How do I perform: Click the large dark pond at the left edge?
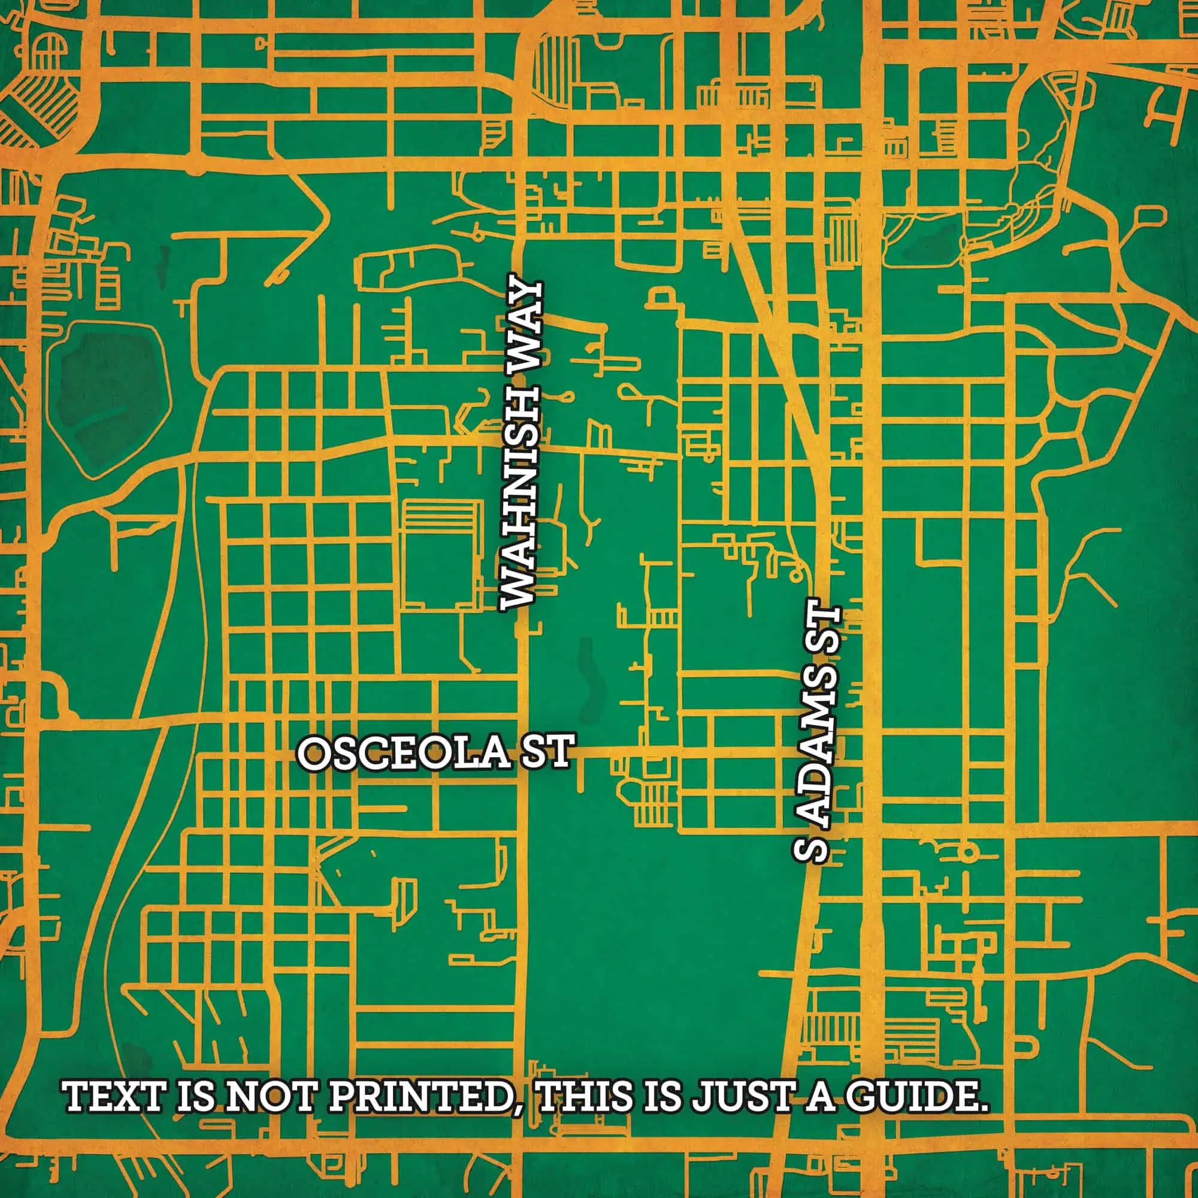[x=111, y=403]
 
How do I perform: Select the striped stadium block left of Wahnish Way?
[x=441, y=553]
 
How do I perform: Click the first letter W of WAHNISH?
[x=522, y=589]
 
